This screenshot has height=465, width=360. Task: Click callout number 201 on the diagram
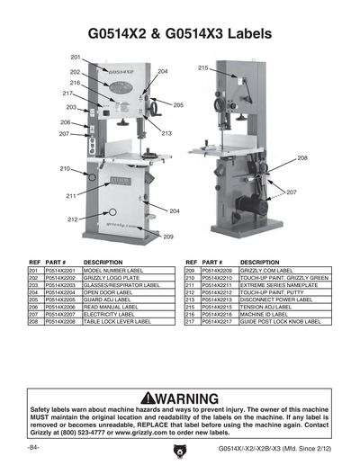(76, 58)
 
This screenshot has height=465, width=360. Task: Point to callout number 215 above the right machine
(203, 68)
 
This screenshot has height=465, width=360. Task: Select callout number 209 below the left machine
(167, 237)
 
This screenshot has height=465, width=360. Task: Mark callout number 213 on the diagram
(166, 133)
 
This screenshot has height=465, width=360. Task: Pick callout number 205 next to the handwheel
(178, 105)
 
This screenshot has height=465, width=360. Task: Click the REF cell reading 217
(191, 320)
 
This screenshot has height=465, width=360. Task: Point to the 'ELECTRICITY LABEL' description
(106, 313)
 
